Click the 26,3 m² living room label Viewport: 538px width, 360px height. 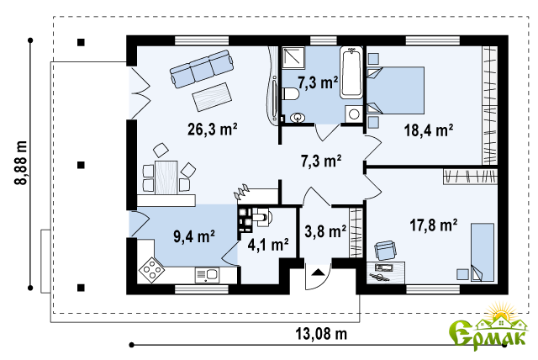213,129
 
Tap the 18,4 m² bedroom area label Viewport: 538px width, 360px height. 429,130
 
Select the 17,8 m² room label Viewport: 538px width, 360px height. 434,225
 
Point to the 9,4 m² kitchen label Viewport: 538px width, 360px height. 194,236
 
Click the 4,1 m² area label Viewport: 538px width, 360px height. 268,245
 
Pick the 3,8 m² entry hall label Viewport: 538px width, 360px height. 325,231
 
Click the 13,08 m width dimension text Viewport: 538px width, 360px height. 321,334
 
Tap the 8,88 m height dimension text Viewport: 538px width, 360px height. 20,162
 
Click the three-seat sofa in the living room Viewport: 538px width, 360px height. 202,68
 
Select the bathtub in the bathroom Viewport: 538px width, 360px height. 351,72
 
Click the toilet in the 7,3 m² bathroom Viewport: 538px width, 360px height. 290,93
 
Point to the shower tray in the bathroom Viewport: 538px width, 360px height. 293,58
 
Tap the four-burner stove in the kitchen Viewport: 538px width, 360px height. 151,270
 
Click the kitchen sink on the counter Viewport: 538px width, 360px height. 208,275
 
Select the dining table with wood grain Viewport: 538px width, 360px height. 166,177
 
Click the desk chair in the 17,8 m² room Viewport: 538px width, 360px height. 385,250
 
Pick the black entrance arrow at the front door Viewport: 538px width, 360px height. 318,273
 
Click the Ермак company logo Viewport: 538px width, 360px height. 488,327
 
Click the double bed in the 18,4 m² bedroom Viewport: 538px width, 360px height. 396,90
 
